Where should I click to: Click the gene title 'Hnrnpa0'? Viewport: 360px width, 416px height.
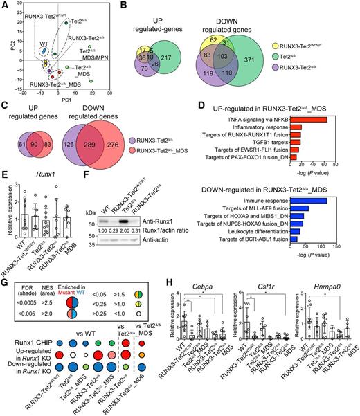pos(312,296)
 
